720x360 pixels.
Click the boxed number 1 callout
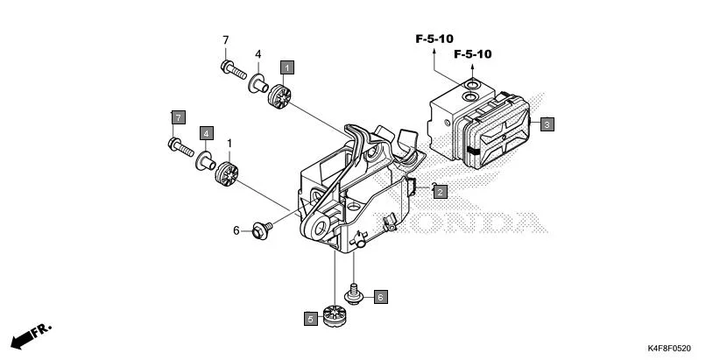287,66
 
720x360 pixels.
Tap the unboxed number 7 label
225,40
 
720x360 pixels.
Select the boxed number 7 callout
177,116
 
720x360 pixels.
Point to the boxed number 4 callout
206,132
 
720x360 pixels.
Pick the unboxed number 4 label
258,54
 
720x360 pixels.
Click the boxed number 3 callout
546,124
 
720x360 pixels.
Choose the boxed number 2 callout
440,190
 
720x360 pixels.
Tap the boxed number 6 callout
380,297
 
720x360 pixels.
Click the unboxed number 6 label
236,230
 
